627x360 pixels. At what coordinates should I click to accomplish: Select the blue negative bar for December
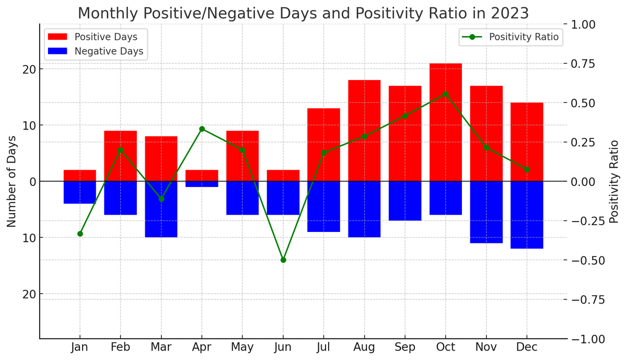pos(527,215)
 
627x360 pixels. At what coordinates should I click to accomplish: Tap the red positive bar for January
pos(80,176)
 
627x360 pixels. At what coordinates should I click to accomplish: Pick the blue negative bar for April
pos(202,184)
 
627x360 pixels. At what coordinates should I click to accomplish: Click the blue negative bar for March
pos(161,209)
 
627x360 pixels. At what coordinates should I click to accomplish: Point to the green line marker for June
pos(283,260)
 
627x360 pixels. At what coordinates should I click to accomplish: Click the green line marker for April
pos(202,129)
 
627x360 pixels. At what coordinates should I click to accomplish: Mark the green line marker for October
pos(445,95)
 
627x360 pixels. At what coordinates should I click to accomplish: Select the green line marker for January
pos(80,234)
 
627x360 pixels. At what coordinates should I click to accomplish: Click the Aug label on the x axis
pos(364,347)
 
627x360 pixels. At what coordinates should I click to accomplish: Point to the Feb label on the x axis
pos(121,347)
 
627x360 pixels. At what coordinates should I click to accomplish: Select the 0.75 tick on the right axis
pos(586,64)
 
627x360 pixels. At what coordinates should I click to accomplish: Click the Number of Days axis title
pos(11,181)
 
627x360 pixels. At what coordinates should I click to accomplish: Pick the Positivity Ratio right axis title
pos(614,181)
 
